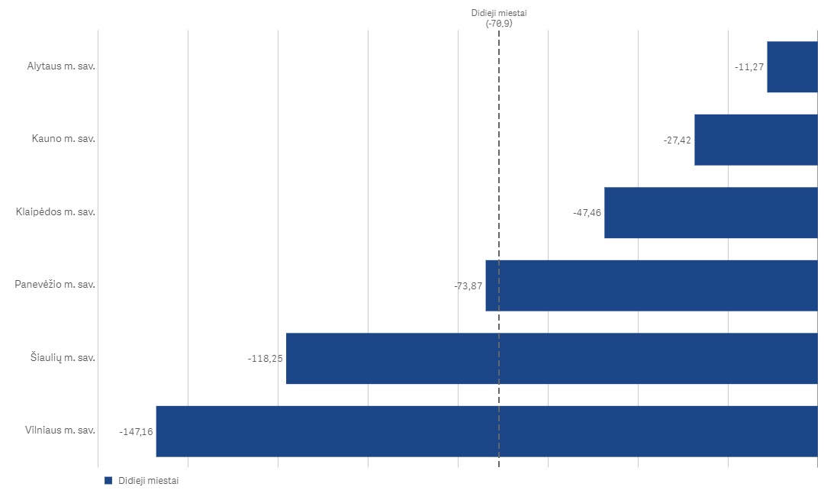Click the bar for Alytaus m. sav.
[x=792, y=67]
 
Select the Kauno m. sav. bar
[x=755, y=140]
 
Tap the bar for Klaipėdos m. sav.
[x=710, y=212]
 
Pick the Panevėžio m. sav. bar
[x=651, y=285]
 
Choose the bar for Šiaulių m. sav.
[x=551, y=358]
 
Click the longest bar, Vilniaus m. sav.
[x=486, y=431]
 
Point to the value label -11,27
[x=749, y=67]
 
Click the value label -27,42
[x=677, y=140]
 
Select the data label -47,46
[x=587, y=213]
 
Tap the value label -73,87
[x=468, y=286]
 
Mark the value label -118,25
[x=266, y=359]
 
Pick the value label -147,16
[x=136, y=432]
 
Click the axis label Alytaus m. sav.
[x=60, y=66]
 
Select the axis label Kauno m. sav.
[x=63, y=139]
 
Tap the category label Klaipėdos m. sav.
[x=55, y=211]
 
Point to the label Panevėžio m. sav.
[x=55, y=285]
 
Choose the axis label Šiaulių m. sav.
[x=58, y=357]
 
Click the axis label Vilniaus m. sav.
[x=60, y=430]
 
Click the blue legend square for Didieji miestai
[x=108, y=481]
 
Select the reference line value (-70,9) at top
[x=499, y=24]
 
